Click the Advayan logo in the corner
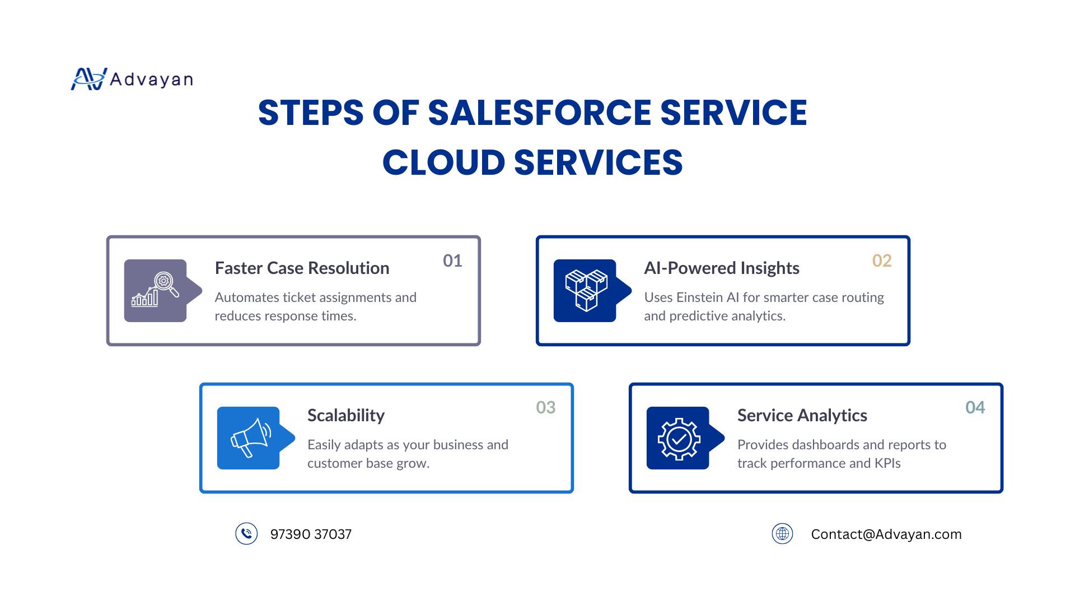132,79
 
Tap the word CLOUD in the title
444,163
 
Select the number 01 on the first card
452,260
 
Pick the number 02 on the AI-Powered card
882,260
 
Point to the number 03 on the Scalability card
546,407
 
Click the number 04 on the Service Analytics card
975,407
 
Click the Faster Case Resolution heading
302,268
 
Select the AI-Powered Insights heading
722,268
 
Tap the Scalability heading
346,416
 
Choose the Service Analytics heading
802,416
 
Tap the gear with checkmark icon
679,439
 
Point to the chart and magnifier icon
156,290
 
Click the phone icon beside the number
246,534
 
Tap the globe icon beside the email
783,534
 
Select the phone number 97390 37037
311,534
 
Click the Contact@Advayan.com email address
886,534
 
